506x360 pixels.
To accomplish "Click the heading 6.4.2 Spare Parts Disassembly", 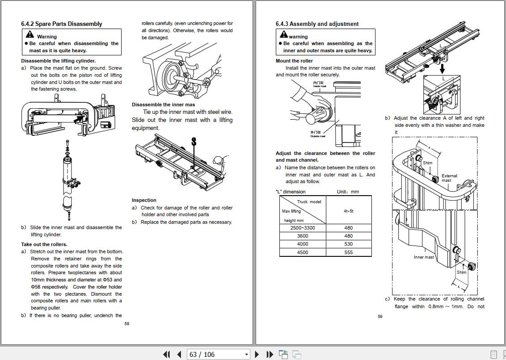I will point(61,24).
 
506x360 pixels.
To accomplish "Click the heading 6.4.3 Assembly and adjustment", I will point(317,24).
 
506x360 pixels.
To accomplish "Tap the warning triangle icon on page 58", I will point(30,34).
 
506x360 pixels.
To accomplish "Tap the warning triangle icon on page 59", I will point(283,34).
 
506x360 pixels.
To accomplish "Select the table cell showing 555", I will point(348,252).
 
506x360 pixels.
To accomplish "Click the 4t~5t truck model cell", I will point(348,211).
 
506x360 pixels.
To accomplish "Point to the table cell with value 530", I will point(348,244).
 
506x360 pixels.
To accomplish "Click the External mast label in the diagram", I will point(449,178).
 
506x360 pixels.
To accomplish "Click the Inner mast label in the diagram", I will point(423,257).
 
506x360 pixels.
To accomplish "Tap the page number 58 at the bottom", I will point(127,323).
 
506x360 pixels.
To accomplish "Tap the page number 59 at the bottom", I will point(380,317).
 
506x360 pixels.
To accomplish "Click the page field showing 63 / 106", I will point(218,354).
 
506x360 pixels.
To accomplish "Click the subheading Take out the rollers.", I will point(44,244).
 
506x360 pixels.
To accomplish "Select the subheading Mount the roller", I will point(294,61).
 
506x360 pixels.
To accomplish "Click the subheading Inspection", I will point(144,200).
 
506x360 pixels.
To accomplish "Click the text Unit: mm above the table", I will point(348,192).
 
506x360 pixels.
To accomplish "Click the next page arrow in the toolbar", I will point(257,354).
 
